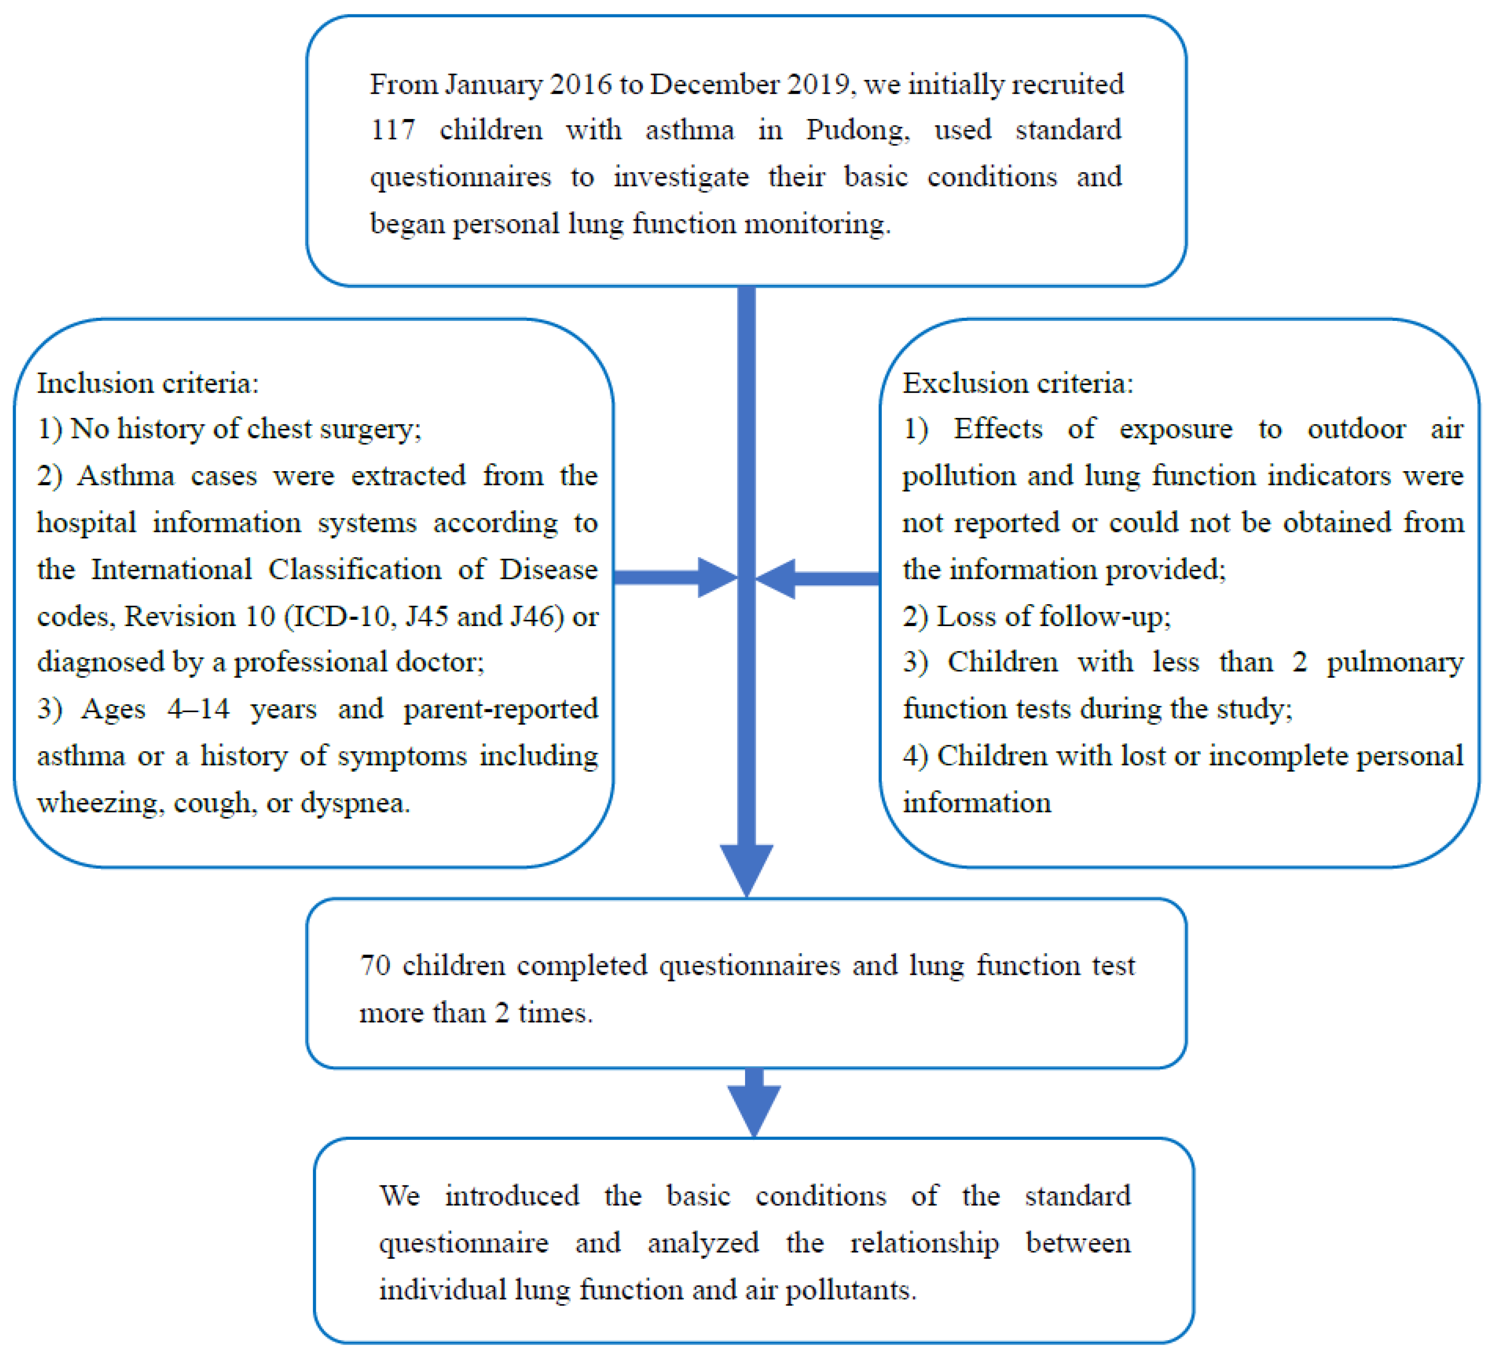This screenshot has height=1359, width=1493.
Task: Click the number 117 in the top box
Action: click(392, 130)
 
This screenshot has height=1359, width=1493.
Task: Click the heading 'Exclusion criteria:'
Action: click(1017, 383)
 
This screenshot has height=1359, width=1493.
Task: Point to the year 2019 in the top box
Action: click(817, 84)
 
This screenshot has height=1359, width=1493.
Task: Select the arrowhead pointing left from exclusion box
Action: click(776, 578)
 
